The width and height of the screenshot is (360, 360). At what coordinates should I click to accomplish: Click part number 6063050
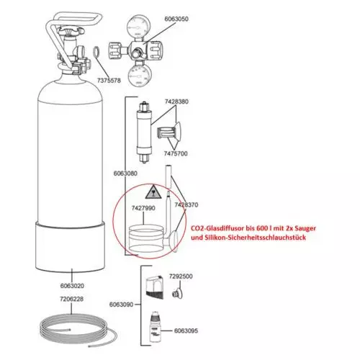coord(176,19)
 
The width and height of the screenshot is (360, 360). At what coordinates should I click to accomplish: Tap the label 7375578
coord(109,81)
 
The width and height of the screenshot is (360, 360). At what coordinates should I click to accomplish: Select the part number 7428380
coord(176,102)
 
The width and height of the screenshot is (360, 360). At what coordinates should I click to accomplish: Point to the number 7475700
coord(176,153)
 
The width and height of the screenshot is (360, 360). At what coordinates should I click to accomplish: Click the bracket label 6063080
coord(125,174)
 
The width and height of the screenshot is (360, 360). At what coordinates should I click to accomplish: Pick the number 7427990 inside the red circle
coord(143,208)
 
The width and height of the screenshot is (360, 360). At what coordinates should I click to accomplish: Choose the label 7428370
coord(186,204)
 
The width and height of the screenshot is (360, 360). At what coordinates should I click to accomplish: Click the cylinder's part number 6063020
coord(72,286)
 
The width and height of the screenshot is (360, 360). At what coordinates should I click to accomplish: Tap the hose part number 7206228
coord(71,299)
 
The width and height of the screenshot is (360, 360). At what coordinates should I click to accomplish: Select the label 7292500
coord(181,276)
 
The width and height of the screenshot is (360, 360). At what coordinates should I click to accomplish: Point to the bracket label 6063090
coord(121,305)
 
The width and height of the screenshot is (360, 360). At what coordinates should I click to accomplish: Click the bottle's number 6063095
coord(186,330)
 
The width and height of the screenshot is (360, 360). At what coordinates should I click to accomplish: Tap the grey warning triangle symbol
coord(153,192)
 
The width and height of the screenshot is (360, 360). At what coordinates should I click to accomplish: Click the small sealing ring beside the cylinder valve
coord(96,52)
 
